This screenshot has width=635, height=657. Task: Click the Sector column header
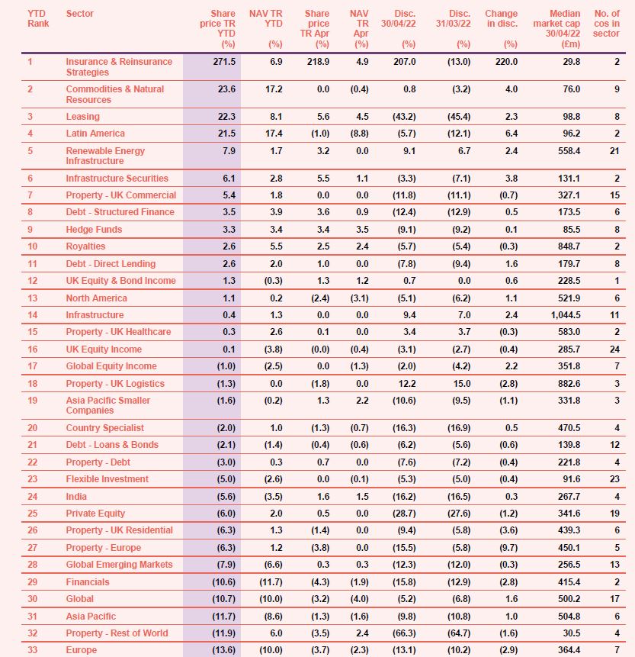pyautogui.click(x=80, y=14)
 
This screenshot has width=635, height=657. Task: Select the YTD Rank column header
pyautogui.click(x=37, y=18)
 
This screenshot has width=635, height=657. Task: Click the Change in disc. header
pyautogui.click(x=501, y=18)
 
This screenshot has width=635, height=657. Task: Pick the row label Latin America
pyautogui.click(x=95, y=134)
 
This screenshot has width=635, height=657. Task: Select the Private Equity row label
pyautogui.click(x=95, y=514)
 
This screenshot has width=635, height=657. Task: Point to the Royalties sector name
pyautogui.click(x=85, y=246)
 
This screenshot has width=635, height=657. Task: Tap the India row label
pyautogui.click(x=77, y=496)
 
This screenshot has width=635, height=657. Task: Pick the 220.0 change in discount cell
pyautogui.click(x=505, y=62)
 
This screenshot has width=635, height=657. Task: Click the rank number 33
pyautogui.click(x=32, y=650)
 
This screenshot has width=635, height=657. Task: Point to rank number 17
pyautogui.click(x=32, y=366)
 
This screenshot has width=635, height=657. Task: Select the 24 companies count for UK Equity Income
pyautogui.click(x=614, y=349)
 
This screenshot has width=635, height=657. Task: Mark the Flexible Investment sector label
pyautogui.click(x=107, y=479)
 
